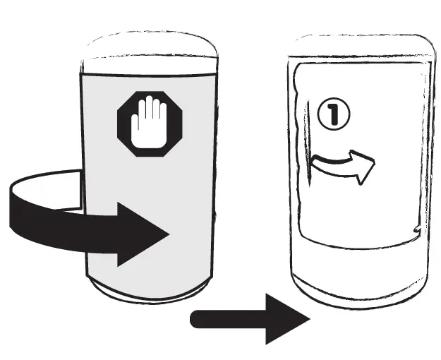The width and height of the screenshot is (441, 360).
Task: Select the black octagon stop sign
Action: click(150, 124)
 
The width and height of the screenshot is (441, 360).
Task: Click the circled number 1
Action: click(334, 114)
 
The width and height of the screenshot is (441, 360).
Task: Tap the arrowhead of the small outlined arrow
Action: click(363, 167)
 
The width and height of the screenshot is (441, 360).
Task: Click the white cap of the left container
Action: click(150, 54)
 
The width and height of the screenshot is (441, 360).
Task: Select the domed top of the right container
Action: click(363, 47)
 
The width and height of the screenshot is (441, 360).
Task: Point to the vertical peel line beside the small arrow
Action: click(308, 143)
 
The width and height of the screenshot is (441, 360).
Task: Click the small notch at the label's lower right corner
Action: click(418, 229)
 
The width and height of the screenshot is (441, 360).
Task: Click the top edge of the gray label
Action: click(148, 75)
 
